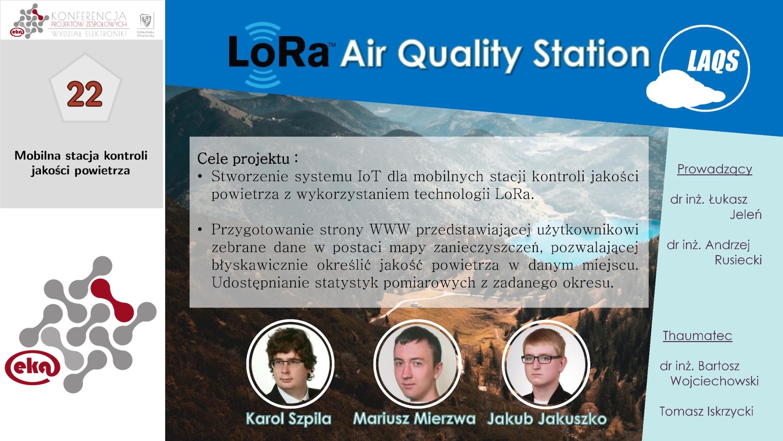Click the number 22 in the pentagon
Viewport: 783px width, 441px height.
click(x=84, y=94)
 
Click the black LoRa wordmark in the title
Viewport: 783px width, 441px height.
click(x=279, y=52)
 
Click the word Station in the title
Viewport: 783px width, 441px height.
click(x=591, y=53)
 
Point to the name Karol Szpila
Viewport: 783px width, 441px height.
click(x=288, y=419)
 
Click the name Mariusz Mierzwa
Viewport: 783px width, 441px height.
click(x=414, y=419)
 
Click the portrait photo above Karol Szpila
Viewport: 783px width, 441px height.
click(x=290, y=363)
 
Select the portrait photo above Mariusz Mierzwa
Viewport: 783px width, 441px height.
click(x=417, y=363)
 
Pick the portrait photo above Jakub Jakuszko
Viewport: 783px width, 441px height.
click(x=545, y=363)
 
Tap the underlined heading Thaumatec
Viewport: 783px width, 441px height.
click(x=697, y=336)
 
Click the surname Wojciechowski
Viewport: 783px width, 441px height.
click(x=714, y=381)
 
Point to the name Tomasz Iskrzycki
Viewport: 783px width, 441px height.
click(x=706, y=412)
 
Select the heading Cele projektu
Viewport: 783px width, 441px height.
click(x=243, y=158)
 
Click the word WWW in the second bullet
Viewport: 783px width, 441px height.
click(x=389, y=229)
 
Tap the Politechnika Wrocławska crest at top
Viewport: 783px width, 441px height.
click(x=146, y=20)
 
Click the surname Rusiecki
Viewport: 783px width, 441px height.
click(x=738, y=260)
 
